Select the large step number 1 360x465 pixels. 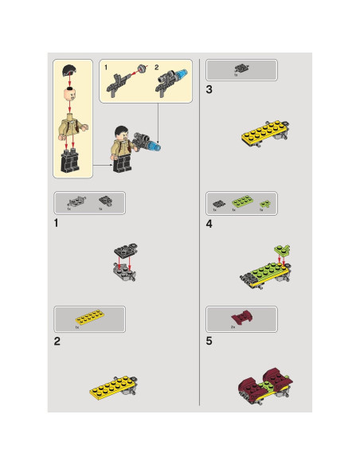click(x=57, y=223)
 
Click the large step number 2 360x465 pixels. click(x=57, y=341)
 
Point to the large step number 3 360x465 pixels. click(x=209, y=90)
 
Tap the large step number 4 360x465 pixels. click(x=209, y=224)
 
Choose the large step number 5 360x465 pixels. click(x=209, y=341)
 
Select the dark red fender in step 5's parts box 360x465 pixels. click(x=240, y=318)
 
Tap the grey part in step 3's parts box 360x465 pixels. click(x=241, y=69)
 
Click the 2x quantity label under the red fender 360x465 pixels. click(x=233, y=327)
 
